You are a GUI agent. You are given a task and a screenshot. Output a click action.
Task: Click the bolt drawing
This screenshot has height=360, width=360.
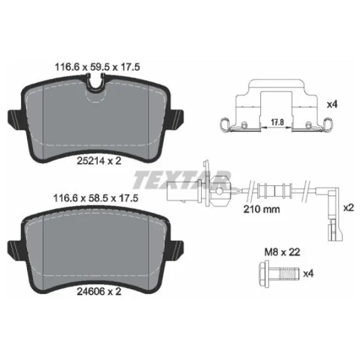tap(280, 274)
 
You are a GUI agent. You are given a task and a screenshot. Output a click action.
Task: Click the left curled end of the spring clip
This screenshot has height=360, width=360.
tap(224, 125)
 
